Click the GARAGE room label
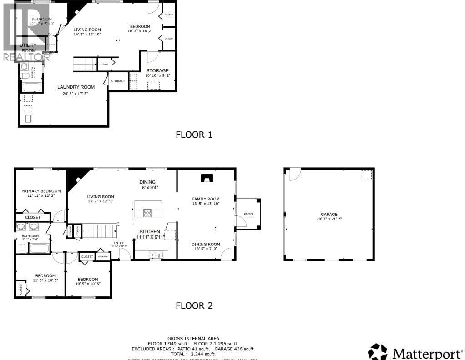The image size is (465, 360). [x=329, y=214]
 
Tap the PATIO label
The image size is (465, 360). [x=248, y=214]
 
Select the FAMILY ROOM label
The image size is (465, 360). [x=206, y=199]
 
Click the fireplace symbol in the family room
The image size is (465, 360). [x=207, y=178]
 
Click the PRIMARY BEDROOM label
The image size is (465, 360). [x=41, y=191]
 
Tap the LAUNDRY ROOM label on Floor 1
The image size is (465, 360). [x=76, y=87]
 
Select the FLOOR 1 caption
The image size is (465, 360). [x=194, y=135]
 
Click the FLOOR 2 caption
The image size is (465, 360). [x=194, y=306]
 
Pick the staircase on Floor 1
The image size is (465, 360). [x=85, y=65]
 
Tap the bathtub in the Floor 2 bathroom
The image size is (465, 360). [x=39, y=248]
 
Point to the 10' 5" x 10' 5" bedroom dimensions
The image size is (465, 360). [x=88, y=284]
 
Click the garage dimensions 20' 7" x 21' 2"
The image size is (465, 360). [x=329, y=219]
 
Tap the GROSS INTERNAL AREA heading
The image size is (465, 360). [x=193, y=338]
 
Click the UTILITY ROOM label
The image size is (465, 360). [x=28, y=48]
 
